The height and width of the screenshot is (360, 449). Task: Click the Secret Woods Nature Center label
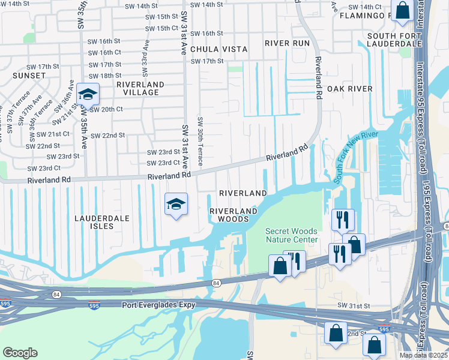[292, 236]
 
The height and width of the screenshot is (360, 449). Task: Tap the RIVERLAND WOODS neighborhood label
[233, 215]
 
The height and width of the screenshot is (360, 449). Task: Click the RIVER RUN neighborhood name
[286, 43]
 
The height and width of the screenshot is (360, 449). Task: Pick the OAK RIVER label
[349, 89]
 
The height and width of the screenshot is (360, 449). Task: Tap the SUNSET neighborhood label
[28, 76]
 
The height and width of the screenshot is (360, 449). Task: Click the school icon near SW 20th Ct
[88, 95]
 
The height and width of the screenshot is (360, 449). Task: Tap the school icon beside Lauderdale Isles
[176, 205]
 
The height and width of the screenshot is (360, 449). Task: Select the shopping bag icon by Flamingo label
[403, 11]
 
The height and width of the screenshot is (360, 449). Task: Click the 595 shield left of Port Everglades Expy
[93, 305]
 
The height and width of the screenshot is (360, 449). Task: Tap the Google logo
[20, 353]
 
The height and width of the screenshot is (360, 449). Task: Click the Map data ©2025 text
[423, 355]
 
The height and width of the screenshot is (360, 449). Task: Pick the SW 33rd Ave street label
[145, 54]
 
